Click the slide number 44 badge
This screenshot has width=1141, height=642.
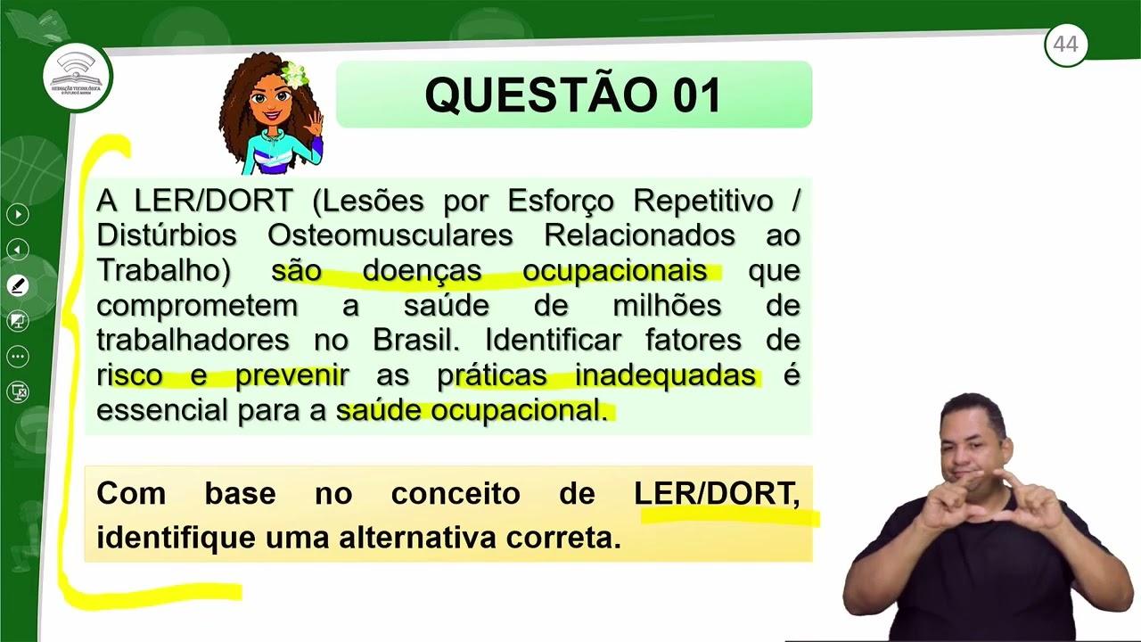tap(1065, 45)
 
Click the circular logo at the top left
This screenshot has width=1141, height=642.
tap(78, 77)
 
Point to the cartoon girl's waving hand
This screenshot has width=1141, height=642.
tap(314, 123)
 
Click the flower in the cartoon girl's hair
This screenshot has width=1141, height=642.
tap(292, 73)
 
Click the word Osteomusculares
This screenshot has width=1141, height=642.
tap(390, 235)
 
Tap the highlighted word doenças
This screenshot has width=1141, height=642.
tap(422, 270)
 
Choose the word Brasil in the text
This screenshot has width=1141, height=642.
tap(415, 340)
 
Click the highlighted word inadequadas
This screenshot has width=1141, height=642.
tap(664, 375)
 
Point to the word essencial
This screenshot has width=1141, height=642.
tap(161, 410)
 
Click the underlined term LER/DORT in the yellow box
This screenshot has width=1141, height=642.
tap(716, 493)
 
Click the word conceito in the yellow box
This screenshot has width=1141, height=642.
tap(455, 493)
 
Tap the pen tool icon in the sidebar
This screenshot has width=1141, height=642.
tap(18, 285)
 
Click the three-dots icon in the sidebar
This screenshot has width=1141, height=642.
tap(18, 357)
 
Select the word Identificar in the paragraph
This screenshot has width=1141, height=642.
tap(553, 340)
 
